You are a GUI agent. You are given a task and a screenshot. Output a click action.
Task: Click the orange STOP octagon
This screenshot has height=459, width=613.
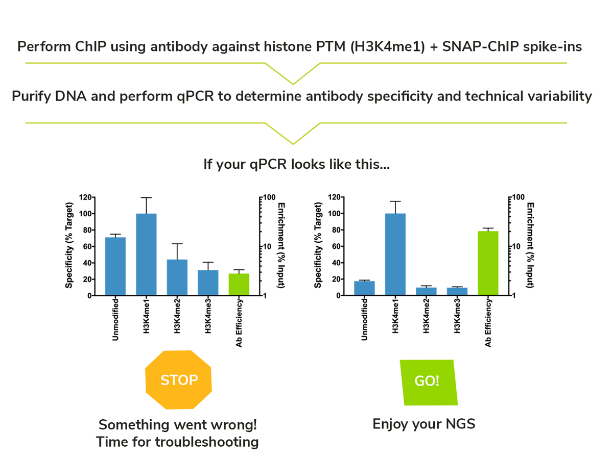[x=178, y=379]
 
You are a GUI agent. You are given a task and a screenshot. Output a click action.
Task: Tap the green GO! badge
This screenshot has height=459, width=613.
[x=427, y=382]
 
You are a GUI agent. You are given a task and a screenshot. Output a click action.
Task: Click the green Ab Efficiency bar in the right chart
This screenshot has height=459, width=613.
[x=488, y=263]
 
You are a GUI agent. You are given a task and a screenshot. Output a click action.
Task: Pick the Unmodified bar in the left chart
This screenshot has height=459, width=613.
[x=115, y=266]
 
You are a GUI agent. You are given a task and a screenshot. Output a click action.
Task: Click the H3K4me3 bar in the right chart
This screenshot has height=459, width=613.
[x=457, y=291]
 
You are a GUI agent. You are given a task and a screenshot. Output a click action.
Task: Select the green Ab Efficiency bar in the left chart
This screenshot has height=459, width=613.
[x=239, y=284]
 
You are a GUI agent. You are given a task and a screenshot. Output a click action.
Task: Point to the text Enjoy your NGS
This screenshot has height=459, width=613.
[x=424, y=424]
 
